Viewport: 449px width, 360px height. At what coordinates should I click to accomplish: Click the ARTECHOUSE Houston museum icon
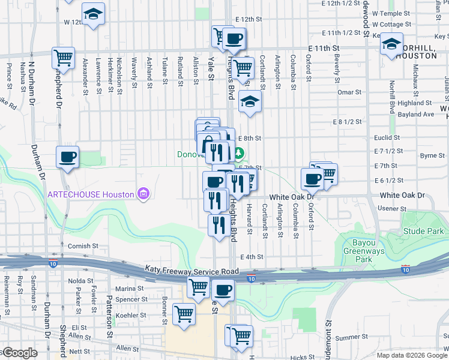143,193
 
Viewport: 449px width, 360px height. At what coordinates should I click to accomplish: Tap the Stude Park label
423,231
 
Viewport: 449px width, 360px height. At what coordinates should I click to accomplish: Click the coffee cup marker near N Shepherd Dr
67,158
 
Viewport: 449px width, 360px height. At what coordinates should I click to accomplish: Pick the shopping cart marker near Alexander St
63,58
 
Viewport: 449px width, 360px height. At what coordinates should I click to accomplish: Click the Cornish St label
83,246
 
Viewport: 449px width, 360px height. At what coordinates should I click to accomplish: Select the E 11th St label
324,47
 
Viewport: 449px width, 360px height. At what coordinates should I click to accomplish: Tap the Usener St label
392,209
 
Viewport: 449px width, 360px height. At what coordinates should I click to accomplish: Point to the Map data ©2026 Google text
412,355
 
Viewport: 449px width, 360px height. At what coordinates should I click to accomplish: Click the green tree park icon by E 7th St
239,154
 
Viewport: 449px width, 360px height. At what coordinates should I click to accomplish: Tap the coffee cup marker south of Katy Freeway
223,290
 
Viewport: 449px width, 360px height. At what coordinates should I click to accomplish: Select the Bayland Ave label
417,114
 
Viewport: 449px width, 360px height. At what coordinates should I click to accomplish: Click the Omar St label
349,92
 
